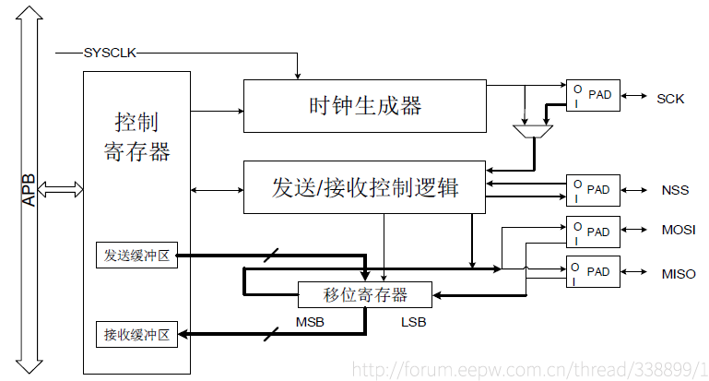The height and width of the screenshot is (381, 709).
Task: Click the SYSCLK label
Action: tap(110, 53)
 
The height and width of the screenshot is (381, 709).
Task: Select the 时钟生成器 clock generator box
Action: tap(364, 105)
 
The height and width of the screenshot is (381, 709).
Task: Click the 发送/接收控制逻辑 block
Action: tap(364, 187)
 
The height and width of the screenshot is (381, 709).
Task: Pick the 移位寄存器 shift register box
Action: tap(365, 295)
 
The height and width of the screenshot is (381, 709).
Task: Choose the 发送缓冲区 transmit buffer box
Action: tap(136, 255)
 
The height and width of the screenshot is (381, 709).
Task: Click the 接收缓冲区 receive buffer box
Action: tap(136, 334)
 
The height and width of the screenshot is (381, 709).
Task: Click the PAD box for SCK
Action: tap(593, 95)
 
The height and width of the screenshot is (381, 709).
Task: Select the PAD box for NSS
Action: tap(593, 189)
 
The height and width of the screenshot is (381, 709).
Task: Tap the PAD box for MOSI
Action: tap(593, 231)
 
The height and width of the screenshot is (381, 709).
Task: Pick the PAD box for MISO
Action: tap(593, 271)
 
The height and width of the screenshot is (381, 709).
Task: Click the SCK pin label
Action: tap(670, 99)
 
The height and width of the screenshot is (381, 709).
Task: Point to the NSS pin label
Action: tap(675, 191)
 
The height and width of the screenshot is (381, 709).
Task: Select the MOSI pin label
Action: tap(679, 231)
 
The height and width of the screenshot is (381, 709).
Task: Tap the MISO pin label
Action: tap(679, 274)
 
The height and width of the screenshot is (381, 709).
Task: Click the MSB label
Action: tap(310, 322)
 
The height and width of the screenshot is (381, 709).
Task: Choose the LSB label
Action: tap(412, 322)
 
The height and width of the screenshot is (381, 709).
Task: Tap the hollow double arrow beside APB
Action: tap(63, 188)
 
